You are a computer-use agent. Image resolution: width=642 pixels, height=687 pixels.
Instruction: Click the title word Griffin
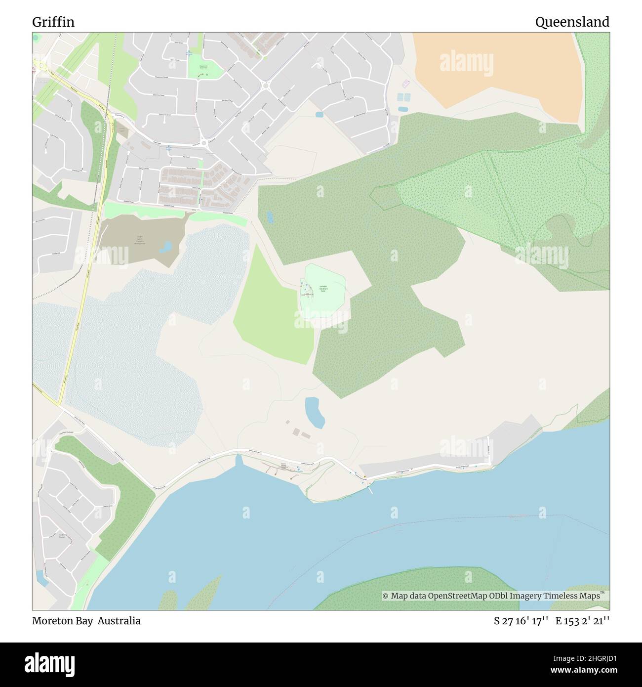click(x=53, y=22)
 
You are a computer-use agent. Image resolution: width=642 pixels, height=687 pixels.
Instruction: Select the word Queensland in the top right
click(x=572, y=22)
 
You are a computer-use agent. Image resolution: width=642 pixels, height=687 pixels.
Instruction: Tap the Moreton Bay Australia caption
click(x=86, y=621)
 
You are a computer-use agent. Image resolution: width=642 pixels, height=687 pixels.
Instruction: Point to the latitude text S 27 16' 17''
click(x=521, y=621)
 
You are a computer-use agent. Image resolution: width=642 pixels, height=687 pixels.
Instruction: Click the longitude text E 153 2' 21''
click(x=582, y=621)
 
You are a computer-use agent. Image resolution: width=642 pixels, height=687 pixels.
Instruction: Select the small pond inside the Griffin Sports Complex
click(x=166, y=246)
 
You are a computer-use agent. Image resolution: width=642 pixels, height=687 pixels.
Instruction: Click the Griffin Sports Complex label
click(x=141, y=240)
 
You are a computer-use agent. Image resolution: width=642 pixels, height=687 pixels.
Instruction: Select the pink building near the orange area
click(x=406, y=83)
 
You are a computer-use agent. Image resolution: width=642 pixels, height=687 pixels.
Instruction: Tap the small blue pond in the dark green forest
click(x=269, y=217)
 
